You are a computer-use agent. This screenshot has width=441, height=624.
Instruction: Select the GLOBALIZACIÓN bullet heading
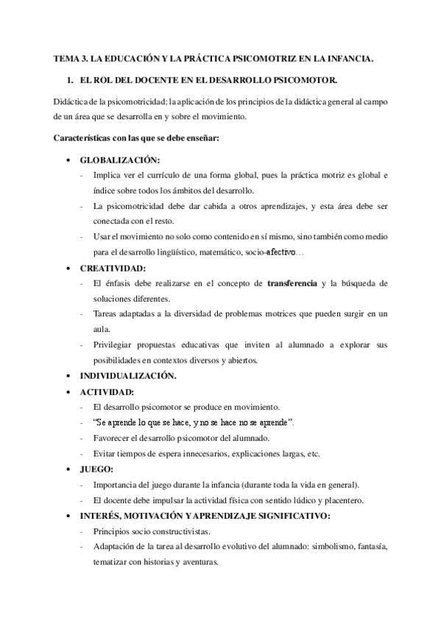[119, 160]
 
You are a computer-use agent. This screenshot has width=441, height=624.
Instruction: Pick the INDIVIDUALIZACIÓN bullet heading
[127, 376]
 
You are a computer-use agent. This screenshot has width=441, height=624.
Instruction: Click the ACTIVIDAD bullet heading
[107, 391]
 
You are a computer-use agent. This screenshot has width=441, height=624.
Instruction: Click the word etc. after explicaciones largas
[312, 453]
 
